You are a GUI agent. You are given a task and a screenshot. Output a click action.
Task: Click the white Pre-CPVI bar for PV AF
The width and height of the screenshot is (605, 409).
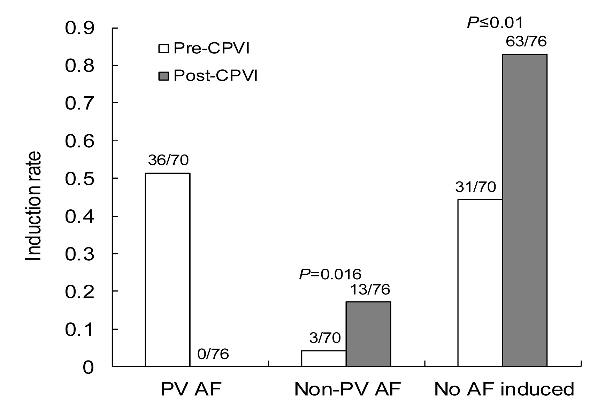click(168, 269)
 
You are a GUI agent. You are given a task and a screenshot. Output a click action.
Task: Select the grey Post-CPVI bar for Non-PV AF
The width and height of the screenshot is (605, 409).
click(368, 334)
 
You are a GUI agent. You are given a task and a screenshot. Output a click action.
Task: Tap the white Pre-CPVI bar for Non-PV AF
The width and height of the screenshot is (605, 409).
click(323, 358)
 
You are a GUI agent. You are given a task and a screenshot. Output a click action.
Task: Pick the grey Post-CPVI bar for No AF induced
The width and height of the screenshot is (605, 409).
click(524, 210)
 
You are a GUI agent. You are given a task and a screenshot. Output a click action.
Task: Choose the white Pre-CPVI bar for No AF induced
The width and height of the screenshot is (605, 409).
click(480, 283)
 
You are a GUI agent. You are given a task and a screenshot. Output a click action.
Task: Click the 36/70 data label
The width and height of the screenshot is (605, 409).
click(168, 160)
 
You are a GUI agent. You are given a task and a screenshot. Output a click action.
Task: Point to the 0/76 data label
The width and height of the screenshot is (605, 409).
click(213, 354)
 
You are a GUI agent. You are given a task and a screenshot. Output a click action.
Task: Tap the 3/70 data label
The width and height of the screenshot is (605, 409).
click(324, 338)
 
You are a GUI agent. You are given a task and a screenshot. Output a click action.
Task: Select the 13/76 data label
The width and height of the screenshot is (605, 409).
click(369, 289)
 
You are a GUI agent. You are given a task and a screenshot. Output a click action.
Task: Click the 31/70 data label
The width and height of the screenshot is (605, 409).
click(475, 187)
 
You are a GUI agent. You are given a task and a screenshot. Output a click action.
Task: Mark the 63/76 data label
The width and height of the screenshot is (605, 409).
click(526, 42)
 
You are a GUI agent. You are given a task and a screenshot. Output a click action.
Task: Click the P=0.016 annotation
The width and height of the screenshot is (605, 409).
click(330, 274)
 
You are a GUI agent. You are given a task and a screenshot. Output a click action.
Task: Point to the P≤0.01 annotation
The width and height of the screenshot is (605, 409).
click(495, 23)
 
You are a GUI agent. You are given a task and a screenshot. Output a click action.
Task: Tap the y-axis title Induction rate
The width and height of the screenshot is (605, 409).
click(34, 206)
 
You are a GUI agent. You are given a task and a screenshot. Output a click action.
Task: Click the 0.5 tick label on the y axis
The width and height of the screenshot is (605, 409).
click(79, 179)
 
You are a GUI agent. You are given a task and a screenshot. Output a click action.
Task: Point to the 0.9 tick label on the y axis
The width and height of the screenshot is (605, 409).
click(79, 28)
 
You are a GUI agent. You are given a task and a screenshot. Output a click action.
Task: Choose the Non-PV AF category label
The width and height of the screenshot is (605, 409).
click(347, 389)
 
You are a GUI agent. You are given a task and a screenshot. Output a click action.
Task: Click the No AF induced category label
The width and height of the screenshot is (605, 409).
click(504, 389)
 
